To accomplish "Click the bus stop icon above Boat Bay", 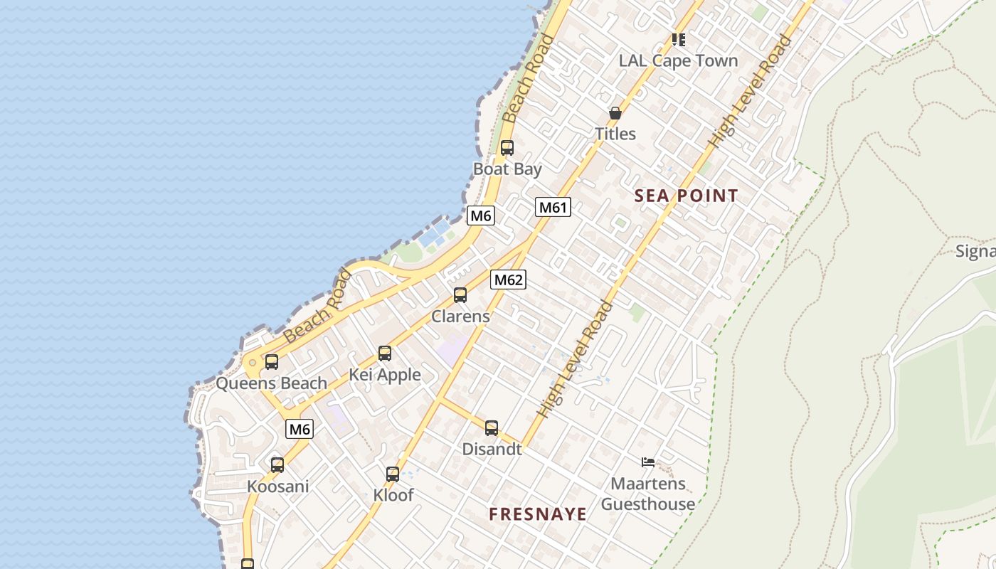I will (507, 148).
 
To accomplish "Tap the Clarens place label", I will (460, 317).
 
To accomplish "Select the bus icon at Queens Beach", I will (272, 362).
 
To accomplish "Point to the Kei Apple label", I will (385, 375).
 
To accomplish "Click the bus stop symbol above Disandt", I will (492, 428).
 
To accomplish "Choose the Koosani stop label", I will (277, 486).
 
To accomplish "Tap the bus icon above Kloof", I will (393, 474).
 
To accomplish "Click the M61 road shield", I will (553, 207).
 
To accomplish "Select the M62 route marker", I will (508, 280).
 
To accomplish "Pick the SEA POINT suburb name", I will (686, 196).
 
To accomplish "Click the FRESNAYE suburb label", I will (538, 514).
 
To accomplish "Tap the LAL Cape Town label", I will (678, 61).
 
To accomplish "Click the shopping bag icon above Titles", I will (615, 113).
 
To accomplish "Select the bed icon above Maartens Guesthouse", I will (647, 462).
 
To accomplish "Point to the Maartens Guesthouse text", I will (648, 494).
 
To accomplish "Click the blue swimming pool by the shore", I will (434, 233).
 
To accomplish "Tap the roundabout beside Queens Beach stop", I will (252, 363).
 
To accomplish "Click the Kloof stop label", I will (393, 495).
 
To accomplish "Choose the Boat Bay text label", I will (507, 169).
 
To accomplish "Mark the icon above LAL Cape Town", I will (679, 40).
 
